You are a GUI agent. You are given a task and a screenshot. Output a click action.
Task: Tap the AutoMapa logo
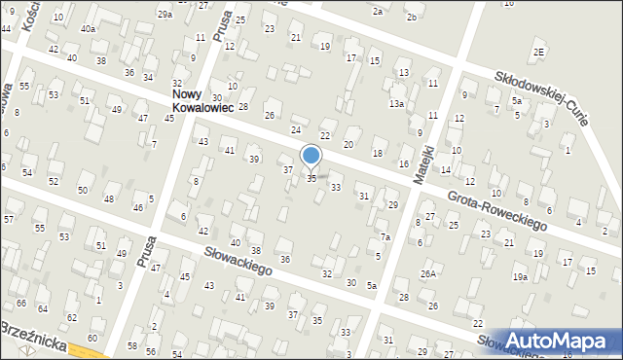(x=559, y=340)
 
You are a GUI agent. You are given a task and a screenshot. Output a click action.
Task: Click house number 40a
(x=89, y=29)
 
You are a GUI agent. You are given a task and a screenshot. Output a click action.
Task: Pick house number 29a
(x=165, y=15)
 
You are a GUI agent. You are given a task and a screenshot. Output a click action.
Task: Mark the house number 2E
(x=538, y=52)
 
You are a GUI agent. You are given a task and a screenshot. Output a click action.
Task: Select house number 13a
(x=396, y=103)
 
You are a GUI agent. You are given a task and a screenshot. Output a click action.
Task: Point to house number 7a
(x=385, y=237)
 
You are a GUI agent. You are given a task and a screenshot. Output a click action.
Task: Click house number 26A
(x=427, y=274)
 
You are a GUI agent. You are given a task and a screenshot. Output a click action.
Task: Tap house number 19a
(x=521, y=277)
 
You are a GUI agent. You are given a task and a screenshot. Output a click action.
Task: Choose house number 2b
(x=412, y=18)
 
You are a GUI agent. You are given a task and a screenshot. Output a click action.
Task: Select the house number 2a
(x=378, y=11)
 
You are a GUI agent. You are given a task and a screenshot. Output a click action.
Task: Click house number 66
(x=20, y=303)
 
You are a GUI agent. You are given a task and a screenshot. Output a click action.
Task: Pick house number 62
(x=71, y=317)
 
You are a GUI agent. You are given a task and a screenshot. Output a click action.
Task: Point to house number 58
(x=132, y=345)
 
